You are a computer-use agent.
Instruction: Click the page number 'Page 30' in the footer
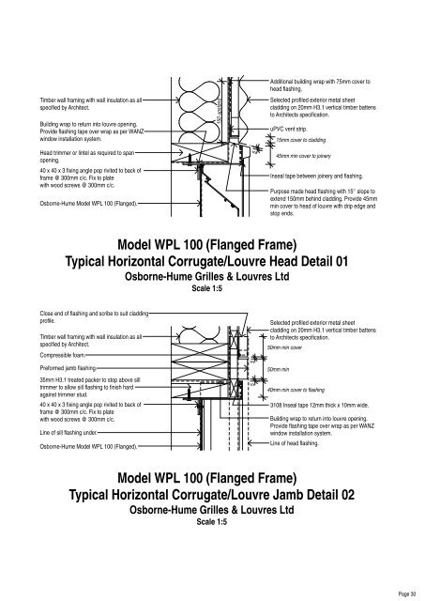(407, 593)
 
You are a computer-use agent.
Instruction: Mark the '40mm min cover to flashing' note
(309, 390)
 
